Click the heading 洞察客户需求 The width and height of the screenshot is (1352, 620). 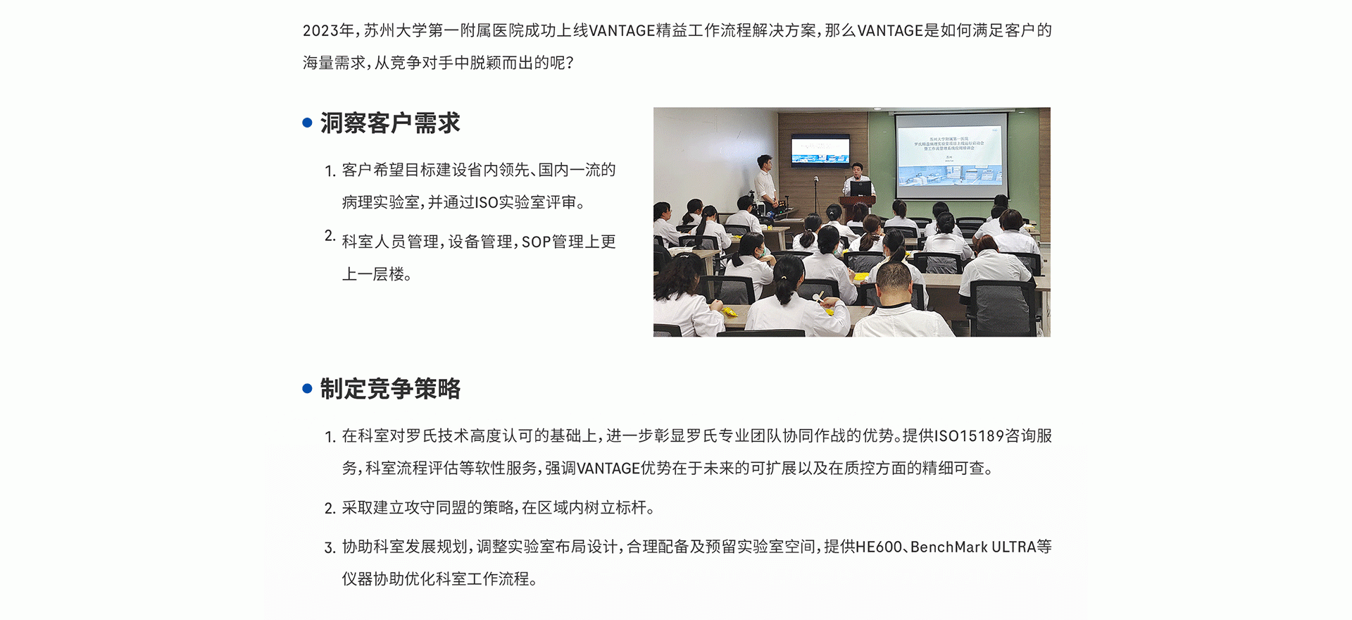pyautogui.click(x=390, y=123)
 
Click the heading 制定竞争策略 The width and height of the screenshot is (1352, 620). pyautogui.click(x=390, y=389)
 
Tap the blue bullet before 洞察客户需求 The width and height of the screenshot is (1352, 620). pyautogui.click(x=307, y=123)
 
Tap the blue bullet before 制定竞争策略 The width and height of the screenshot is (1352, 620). pyautogui.click(x=307, y=388)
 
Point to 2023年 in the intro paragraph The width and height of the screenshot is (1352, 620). pyautogui.click(x=329, y=30)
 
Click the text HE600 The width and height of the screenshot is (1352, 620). pyautogui.click(x=879, y=547)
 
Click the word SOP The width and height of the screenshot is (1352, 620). pyautogui.click(x=536, y=242)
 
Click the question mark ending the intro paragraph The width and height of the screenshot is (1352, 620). pyautogui.click(x=570, y=63)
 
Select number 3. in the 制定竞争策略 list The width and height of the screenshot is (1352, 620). pyautogui.click(x=330, y=548)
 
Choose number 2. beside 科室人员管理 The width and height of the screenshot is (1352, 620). pyautogui.click(x=330, y=236)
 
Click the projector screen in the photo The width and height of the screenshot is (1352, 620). pyautogui.click(x=950, y=156)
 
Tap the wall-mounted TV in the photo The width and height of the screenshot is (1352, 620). pyautogui.click(x=820, y=151)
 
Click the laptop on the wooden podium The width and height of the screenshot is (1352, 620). pyautogui.click(x=860, y=189)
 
